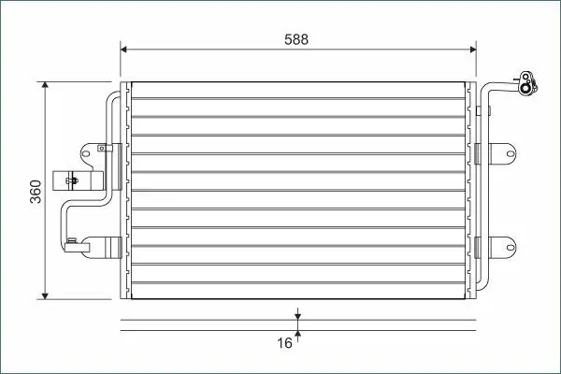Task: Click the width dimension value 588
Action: pyautogui.click(x=296, y=39)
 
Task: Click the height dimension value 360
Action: pyautogui.click(x=36, y=192)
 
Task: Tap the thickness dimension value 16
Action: pyautogui.click(x=285, y=343)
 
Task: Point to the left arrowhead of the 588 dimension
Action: pyautogui.click(x=123, y=49)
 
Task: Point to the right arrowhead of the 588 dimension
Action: pyautogui.click(x=472, y=49)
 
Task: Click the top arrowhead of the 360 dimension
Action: pyautogui.click(x=45, y=85)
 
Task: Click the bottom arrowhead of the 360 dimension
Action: pyautogui.click(x=45, y=295)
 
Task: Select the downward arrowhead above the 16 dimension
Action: pyautogui.click(x=297, y=316)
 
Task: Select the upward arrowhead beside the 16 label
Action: pyautogui.click(x=297, y=334)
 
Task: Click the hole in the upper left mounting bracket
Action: pyautogui.click(x=86, y=153)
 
